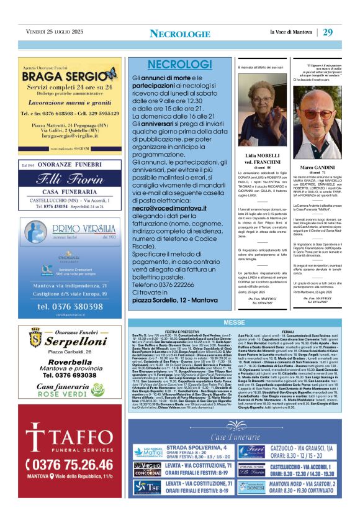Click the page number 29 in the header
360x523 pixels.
(x=328, y=32)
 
